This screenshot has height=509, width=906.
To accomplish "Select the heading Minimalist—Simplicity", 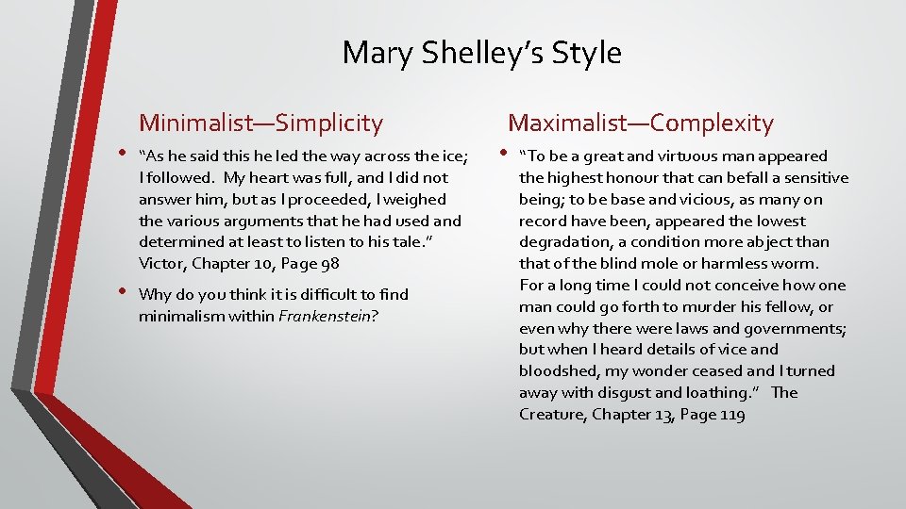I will (x=261, y=123).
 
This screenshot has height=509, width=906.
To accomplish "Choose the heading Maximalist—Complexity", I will (x=641, y=123).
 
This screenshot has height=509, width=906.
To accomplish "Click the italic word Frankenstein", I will (x=324, y=317).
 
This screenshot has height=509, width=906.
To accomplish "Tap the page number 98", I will (x=329, y=263).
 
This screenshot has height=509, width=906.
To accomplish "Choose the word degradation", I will (x=564, y=242).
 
